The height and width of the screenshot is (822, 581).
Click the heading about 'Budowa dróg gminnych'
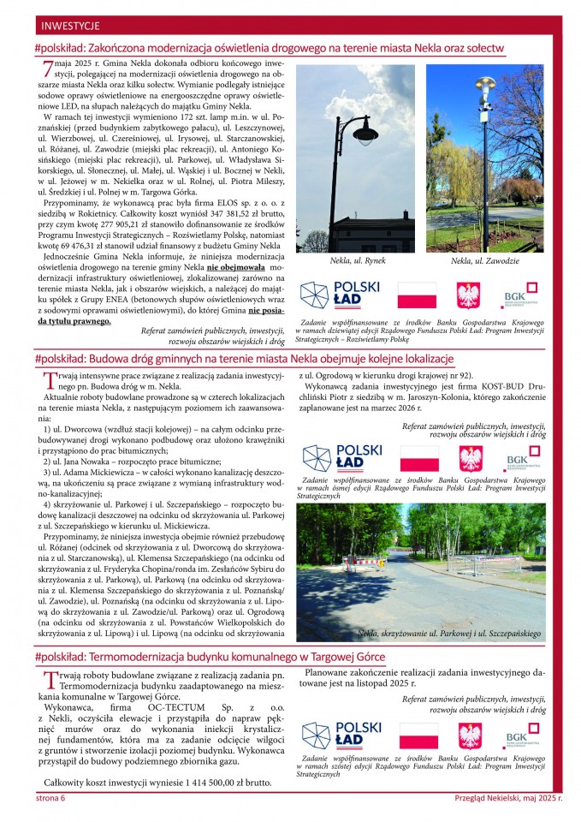click(x=244, y=358)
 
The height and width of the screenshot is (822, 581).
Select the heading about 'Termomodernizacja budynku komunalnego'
click(x=210, y=657)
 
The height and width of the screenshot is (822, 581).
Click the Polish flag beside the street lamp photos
click(x=418, y=298)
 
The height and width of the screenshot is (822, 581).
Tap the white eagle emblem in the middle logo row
click(x=469, y=459)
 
